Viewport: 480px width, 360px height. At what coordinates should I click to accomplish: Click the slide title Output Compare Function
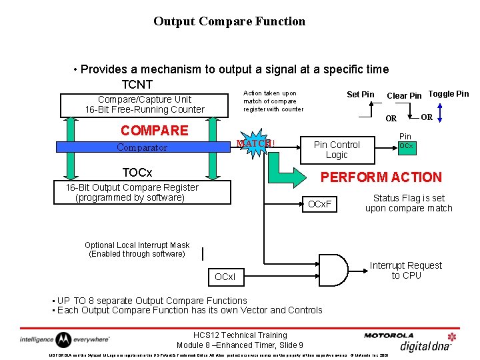(x=229, y=21)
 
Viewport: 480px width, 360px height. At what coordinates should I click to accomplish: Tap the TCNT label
(x=137, y=85)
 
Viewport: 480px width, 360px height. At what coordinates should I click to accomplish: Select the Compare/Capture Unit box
(x=145, y=105)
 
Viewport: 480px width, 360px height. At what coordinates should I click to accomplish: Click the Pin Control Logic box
(x=337, y=149)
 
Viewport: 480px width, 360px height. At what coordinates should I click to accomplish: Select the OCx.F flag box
(x=320, y=204)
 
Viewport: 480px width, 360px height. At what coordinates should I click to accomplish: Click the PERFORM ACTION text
(x=381, y=177)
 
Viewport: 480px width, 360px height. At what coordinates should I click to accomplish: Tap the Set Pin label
(x=361, y=95)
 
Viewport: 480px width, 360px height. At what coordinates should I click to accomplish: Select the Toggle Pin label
(x=448, y=94)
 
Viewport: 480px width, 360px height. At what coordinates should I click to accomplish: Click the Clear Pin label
(x=404, y=95)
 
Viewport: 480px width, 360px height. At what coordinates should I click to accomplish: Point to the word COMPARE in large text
(x=154, y=130)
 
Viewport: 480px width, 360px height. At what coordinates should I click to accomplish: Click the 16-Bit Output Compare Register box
(x=132, y=193)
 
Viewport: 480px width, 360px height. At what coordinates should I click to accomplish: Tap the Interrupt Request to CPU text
(x=406, y=271)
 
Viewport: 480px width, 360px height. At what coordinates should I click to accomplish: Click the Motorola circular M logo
(x=63, y=339)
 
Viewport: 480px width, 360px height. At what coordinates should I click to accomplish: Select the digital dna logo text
(x=425, y=345)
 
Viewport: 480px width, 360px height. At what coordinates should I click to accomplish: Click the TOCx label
(x=137, y=173)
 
